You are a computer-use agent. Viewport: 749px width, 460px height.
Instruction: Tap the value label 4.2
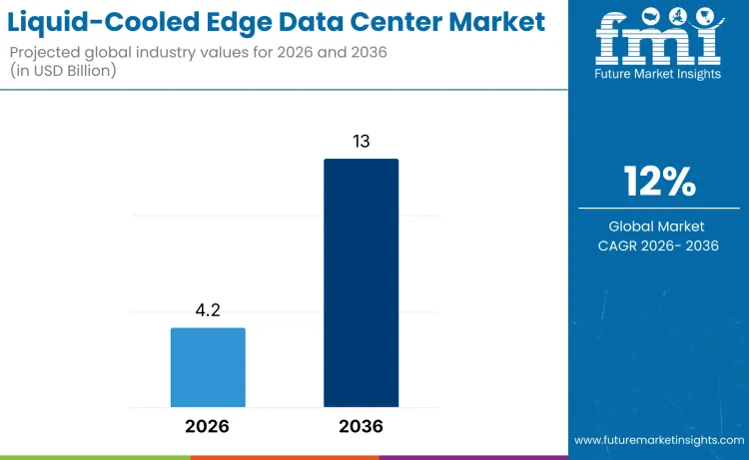pos(208,311)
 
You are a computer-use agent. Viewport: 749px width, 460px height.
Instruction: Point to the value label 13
pos(361,142)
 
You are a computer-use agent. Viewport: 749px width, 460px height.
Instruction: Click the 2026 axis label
pos(207,426)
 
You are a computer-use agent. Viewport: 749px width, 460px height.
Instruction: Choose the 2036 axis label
pos(361,426)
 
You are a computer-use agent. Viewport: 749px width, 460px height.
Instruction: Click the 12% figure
pos(659,182)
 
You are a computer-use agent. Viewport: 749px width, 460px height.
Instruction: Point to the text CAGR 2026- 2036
pos(659,245)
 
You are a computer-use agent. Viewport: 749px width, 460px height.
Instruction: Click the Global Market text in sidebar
pos(659,227)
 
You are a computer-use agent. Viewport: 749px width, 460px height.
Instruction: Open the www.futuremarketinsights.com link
pos(658,439)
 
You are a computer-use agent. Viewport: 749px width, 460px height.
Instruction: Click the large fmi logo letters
pos(658,46)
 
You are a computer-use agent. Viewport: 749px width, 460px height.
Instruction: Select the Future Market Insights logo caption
pos(658,75)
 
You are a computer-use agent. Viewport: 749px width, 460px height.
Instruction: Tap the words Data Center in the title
pos(374,21)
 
